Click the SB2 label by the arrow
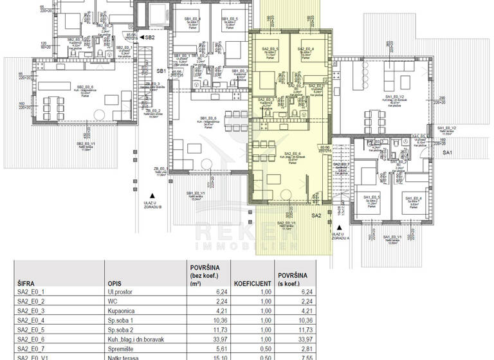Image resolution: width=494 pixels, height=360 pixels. (150, 38)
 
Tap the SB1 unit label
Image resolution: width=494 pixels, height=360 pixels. (161, 70)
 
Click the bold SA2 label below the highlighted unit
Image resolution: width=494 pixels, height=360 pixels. (316, 215)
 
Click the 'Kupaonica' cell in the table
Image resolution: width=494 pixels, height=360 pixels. (123, 315)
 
